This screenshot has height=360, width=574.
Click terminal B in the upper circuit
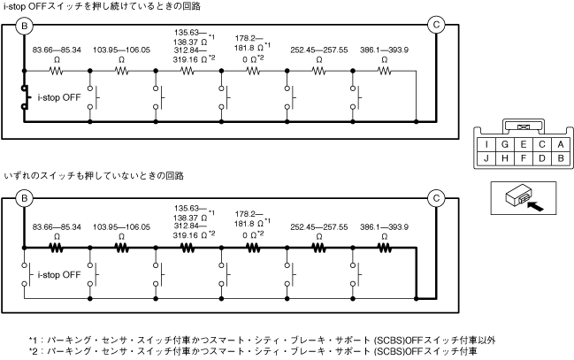[x=25, y=26]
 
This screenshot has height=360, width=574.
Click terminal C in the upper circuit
[x=435, y=26]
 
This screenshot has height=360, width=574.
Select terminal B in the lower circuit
[x=25, y=197]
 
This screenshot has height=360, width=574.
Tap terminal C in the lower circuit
[x=435, y=197]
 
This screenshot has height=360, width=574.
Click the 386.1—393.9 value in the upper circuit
[x=384, y=50]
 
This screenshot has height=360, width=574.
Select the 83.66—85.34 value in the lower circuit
[x=57, y=227]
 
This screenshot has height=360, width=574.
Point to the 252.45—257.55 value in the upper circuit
[x=318, y=50]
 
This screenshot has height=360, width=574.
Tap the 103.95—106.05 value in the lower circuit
[x=122, y=227]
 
